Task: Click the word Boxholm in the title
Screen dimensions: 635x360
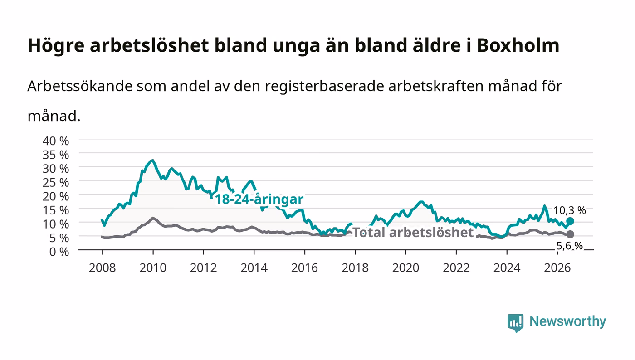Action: (518, 45)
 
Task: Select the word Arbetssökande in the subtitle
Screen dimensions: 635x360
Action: (80, 86)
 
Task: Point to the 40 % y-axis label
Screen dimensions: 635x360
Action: (56, 141)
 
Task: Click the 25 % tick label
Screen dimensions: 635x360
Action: (56, 183)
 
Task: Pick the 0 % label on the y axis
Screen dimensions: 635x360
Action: (59, 252)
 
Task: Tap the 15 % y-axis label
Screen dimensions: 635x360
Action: (56, 210)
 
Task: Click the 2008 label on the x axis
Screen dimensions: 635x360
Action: (103, 268)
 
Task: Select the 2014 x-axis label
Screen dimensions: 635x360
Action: (254, 268)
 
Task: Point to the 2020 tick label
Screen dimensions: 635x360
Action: (405, 268)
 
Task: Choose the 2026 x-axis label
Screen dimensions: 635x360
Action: (557, 268)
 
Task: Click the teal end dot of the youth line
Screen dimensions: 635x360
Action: (570, 221)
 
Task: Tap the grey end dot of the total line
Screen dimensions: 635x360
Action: (570, 234)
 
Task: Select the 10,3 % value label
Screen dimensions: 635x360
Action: (570, 210)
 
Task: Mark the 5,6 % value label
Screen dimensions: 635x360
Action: (570, 246)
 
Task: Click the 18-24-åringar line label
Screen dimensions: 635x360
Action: (259, 199)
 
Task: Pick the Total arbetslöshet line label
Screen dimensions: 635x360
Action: (413, 233)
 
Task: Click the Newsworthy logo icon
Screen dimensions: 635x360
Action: (516, 323)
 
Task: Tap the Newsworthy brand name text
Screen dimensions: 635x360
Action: (568, 321)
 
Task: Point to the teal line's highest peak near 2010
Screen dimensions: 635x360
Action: (153, 161)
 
